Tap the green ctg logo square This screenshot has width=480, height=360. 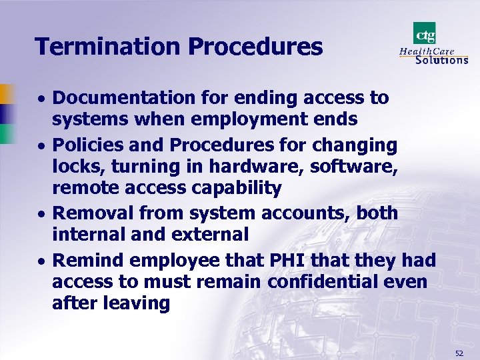[425, 33]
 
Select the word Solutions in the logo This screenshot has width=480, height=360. [441, 59]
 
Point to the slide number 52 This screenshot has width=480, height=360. [459, 352]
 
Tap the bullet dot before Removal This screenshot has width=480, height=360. [41, 215]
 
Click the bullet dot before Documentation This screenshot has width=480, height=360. [41, 99]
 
